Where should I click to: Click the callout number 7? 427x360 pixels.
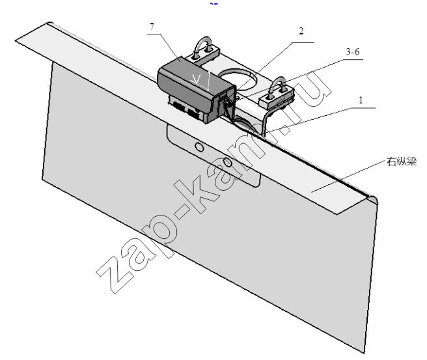[152, 27]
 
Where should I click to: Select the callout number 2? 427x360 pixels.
[301, 31]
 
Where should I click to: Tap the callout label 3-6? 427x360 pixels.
[353, 51]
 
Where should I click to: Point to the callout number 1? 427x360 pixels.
[361, 100]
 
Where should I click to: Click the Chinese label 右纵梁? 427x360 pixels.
[402, 161]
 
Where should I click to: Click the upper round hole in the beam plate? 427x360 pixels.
[199, 147]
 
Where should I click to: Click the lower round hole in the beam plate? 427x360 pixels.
[228, 163]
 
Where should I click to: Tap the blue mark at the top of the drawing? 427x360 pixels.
[213, 3]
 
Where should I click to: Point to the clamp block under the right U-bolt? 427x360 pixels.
[277, 97]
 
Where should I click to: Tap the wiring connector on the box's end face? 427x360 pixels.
[225, 100]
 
